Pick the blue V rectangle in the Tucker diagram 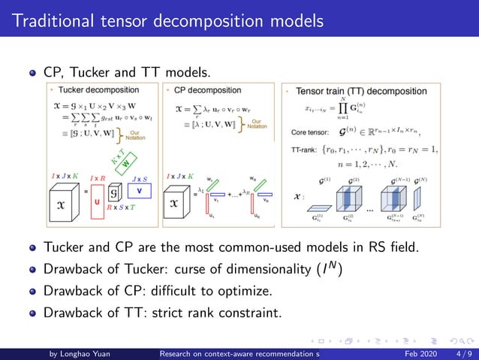pos(139,191)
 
